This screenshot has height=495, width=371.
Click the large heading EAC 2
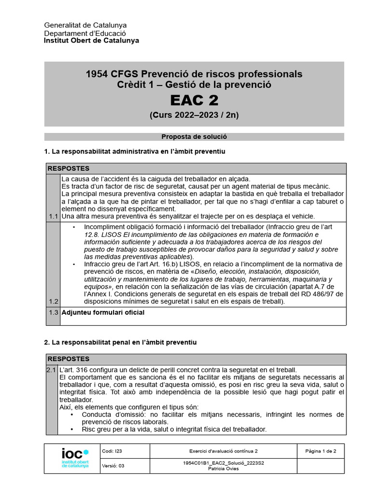(194, 100)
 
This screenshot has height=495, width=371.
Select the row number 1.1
(53, 216)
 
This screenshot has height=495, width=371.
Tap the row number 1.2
(53, 301)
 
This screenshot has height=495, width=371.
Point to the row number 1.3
(53, 313)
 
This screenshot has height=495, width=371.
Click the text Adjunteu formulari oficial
(102, 313)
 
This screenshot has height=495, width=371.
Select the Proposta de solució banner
(194, 137)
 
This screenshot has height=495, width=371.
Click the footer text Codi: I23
(112, 451)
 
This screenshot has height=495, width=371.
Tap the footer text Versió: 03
(114, 466)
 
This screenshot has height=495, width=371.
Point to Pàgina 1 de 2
(321, 451)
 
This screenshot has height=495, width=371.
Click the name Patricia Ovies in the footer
(223, 468)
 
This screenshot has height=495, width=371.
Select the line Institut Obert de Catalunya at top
(91, 41)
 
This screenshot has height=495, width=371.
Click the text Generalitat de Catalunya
(86, 25)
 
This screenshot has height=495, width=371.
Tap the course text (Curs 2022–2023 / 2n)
(194, 115)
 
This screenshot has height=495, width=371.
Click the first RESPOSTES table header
(69, 169)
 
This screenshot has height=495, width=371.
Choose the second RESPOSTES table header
(69, 359)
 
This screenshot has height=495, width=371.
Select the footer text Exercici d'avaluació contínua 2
(223, 451)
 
